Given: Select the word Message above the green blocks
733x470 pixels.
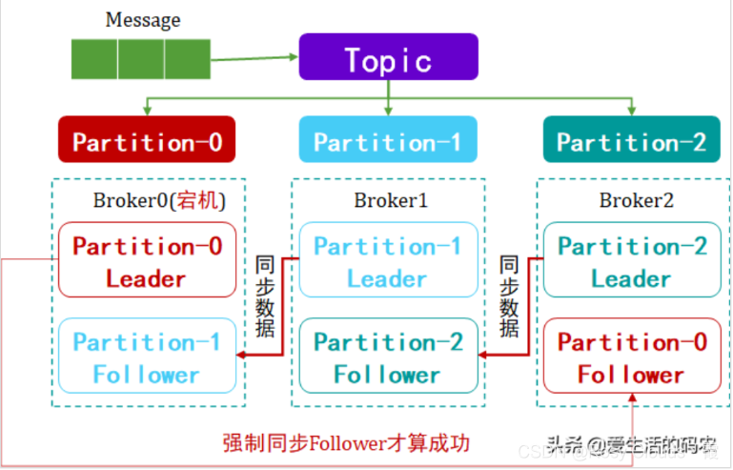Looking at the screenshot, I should click(x=143, y=19).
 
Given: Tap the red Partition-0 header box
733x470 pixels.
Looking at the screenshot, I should click(x=147, y=141).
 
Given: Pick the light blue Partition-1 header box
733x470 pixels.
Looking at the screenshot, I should click(x=387, y=141).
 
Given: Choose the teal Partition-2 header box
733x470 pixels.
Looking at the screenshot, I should click(x=631, y=141).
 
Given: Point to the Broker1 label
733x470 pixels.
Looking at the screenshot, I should click(x=391, y=200).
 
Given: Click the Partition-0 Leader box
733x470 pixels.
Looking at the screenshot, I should click(x=147, y=261).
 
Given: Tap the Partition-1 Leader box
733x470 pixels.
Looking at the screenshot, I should click(x=387, y=261).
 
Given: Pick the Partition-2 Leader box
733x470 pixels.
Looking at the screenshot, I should click(x=631, y=261).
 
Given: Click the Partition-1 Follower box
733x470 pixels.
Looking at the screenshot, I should click(x=147, y=357).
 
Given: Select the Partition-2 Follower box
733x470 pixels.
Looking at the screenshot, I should click(x=387, y=357).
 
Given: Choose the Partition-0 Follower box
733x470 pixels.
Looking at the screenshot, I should click(x=631, y=357).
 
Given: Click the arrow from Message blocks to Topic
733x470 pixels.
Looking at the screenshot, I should click(x=253, y=58).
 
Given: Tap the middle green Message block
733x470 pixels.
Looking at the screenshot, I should click(x=142, y=57).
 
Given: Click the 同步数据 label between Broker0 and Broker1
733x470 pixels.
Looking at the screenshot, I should click(x=268, y=296).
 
